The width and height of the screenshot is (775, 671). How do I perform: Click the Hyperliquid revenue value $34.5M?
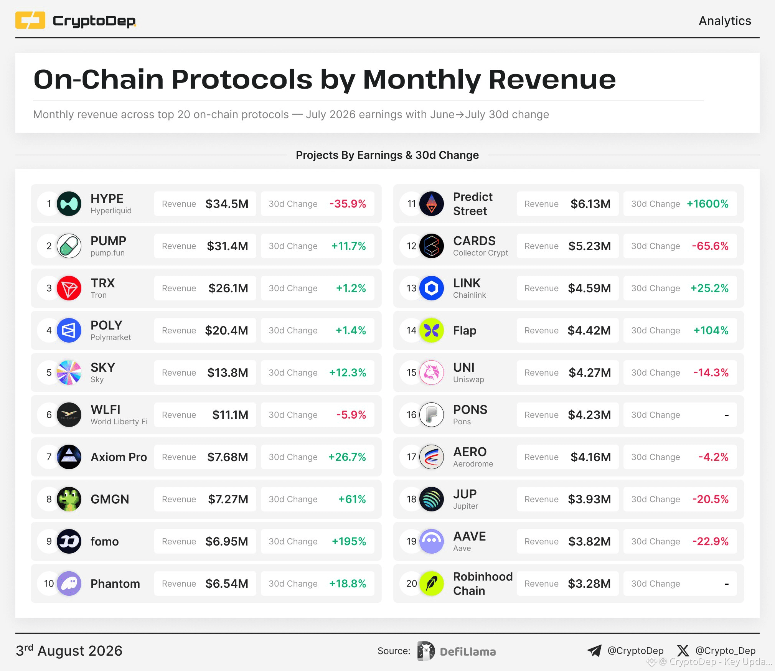pyautogui.click(x=227, y=204)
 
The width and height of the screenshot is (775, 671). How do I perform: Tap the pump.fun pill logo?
pyautogui.click(x=69, y=246)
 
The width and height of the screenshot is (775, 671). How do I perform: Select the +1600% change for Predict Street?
pyautogui.click(x=707, y=204)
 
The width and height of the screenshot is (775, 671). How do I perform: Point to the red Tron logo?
pyautogui.click(x=69, y=288)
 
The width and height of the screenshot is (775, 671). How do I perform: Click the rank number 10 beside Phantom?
pyautogui.click(x=49, y=584)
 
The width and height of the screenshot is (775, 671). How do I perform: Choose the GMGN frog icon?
pyautogui.click(x=69, y=499)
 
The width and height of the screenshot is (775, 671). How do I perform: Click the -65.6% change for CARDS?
pyautogui.click(x=710, y=246)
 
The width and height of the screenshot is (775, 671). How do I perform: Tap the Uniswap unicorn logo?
pyautogui.click(x=432, y=373)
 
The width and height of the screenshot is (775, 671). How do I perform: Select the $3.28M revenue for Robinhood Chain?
pyautogui.click(x=589, y=584)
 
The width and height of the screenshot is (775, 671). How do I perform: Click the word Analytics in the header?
pyautogui.click(x=725, y=21)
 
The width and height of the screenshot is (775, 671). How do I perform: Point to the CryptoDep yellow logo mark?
pyautogui.click(x=30, y=20)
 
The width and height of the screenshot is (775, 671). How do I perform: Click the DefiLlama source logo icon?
pyautogui.click(x=426, y=651)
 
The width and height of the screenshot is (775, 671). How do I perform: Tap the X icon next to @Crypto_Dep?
pyautogui.click(x=683, y=651)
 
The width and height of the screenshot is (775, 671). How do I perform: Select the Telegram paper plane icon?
pyautogui.click(x=595, y=650)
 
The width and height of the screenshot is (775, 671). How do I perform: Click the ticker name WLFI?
pyautogui.click(x=106, y=410)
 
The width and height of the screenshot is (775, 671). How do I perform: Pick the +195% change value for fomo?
pyautogui.click(x=349, y=541)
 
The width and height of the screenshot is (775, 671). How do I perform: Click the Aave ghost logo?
pyautogui.click(x=432, y=541)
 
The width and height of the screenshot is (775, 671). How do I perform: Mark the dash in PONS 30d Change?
pyautogui.click(x=726, y=415)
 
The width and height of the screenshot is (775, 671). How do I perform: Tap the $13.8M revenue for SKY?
pyautogui.click(x=228, y=373)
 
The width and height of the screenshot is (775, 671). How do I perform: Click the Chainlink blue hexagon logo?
pyautogui.click(x=432, y=288)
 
